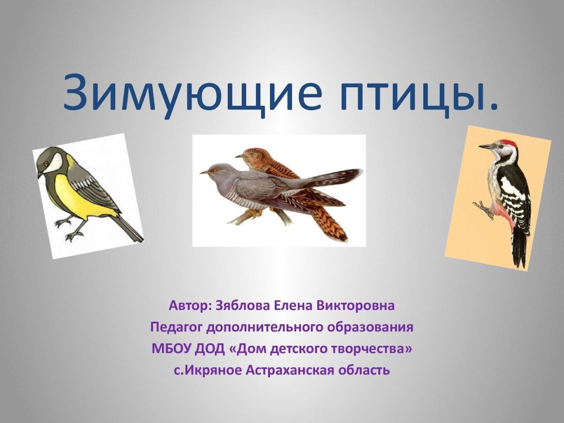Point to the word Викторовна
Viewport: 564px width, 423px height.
pos(361,306)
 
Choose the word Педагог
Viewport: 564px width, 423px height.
pos(176,328)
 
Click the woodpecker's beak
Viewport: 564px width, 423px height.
pos(486,147)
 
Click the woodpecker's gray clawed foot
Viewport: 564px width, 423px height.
pos(483,208)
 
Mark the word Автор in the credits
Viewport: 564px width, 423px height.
pos(188,306)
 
